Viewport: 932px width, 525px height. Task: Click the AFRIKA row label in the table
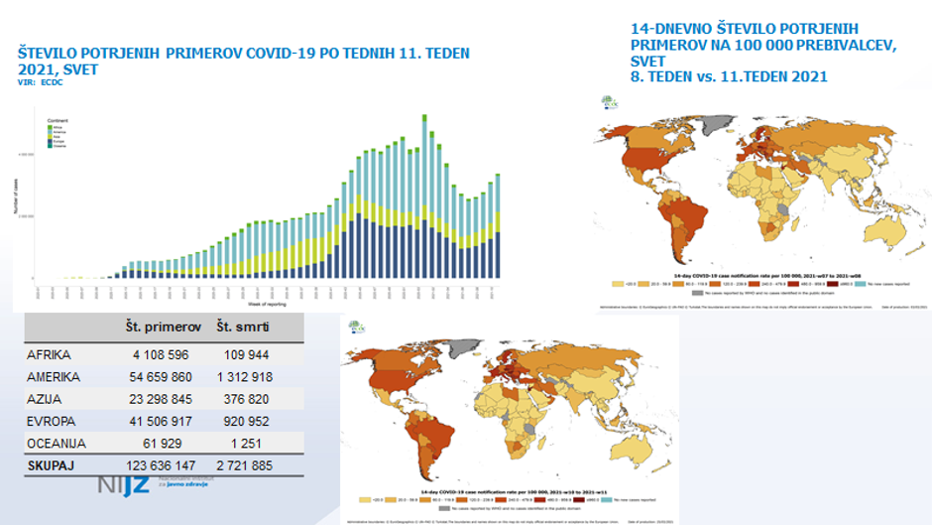[x=50, y=354]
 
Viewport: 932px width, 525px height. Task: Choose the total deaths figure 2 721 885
[x=243, y=464]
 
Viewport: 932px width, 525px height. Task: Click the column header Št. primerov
[x=164, y=328]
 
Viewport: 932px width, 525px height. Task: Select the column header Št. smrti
[x=244, y=328]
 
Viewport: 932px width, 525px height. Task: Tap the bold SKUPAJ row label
[x=53, y=464]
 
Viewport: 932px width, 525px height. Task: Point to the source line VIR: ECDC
[x=41, y=84]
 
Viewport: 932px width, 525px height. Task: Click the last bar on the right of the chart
[x=498, y=226]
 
